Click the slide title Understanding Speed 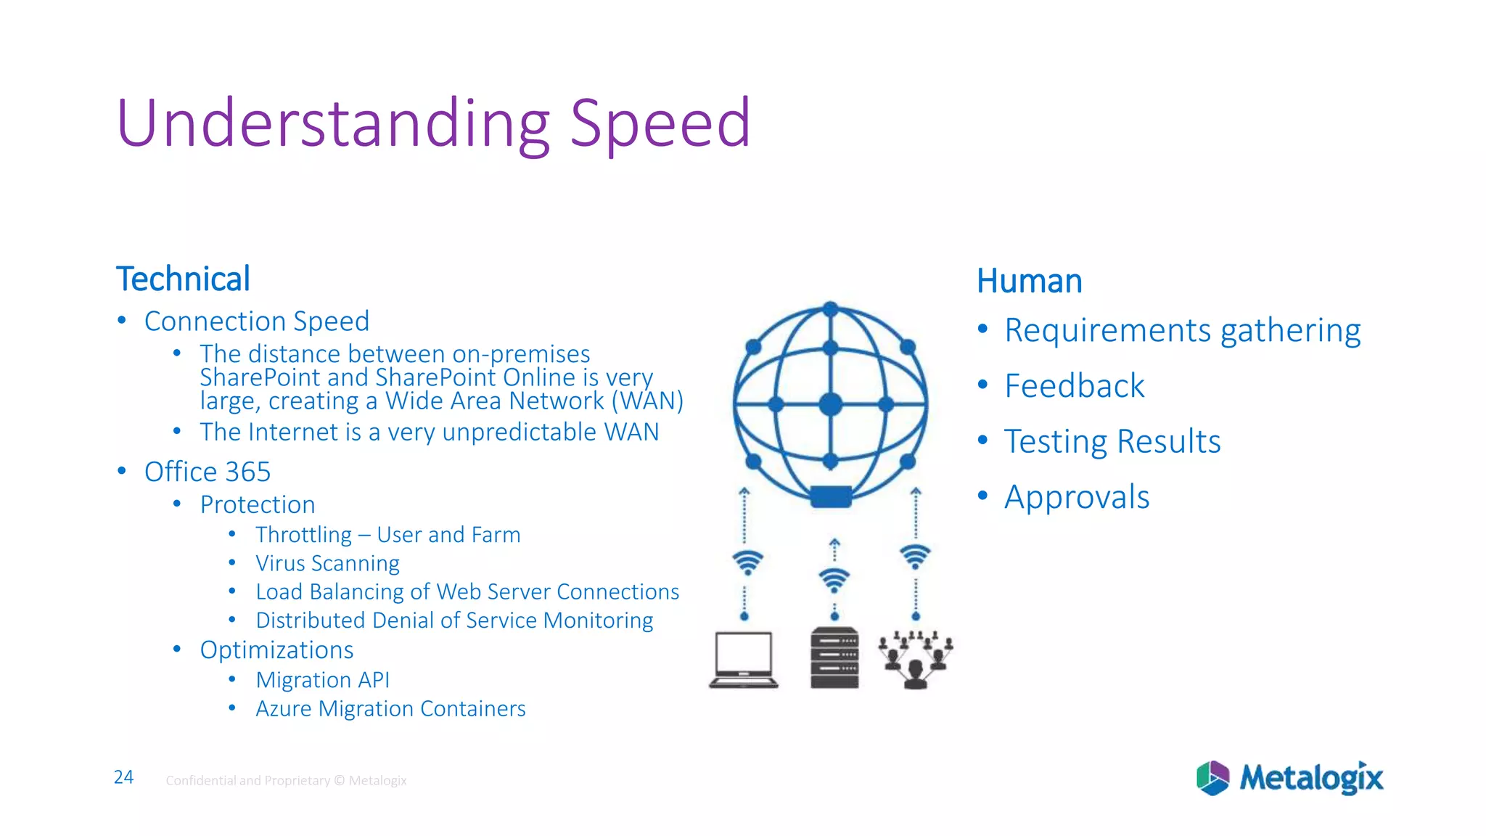click(x=433, y=123)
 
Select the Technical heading click(x=183, y=279)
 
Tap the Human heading click(x=1029, y=282)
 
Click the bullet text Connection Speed click(x=257, y=321)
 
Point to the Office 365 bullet click(x=208, y=472)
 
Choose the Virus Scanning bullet click(x=327, y=564)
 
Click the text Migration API click(x=322, y=680)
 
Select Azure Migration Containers click(x=390, y=709)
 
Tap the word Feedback click(x=1074, y=386)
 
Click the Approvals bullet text click(x=1077, y=498)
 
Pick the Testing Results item click(x=1112, y=442)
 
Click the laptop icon click(x=744, y=659)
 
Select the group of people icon click(x=916, y=659)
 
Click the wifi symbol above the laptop click(x=747, y=562)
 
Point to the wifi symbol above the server click(x=834, y=580)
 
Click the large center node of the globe click(x=831, y=404)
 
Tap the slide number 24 click(x=124, y=778)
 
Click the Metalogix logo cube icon click(x=1212, y=778)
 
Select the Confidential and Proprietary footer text click(x=286, y=781)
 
